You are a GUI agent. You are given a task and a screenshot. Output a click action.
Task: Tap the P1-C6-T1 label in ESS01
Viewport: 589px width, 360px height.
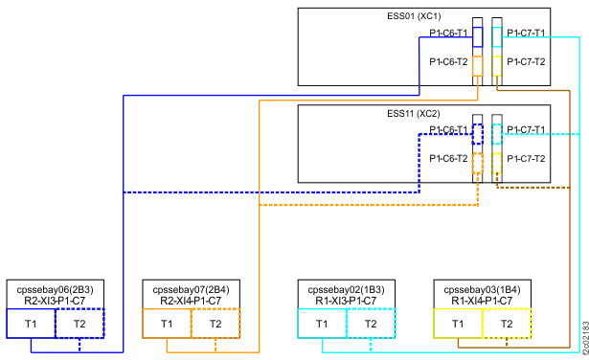[448, 34]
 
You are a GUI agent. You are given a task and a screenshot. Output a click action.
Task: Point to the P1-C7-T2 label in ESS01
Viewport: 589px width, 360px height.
[526, 61]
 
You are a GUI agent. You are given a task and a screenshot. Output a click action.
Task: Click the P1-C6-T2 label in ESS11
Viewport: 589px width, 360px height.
[448, 159]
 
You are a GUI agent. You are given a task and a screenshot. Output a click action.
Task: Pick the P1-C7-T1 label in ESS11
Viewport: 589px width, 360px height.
[526, 130]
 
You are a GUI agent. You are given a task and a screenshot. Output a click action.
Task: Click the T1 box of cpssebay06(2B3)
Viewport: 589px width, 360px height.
[32, 324]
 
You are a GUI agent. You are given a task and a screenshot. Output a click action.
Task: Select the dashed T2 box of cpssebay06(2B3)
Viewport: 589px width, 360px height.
[79, 324]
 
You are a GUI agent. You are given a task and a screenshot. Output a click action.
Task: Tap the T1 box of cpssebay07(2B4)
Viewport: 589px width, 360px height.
[167, 324]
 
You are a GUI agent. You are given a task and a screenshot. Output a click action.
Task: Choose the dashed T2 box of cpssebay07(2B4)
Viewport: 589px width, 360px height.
[215, 324]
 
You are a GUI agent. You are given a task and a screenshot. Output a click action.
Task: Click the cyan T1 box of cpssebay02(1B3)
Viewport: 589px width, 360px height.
[323, 324]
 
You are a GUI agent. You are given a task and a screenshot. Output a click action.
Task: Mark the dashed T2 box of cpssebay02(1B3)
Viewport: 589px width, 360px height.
[371, 324]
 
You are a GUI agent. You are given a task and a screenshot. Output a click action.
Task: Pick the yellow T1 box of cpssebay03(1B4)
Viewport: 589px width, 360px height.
[458, 324]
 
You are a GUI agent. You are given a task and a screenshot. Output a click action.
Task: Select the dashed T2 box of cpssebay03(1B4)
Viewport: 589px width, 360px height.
[507, 324]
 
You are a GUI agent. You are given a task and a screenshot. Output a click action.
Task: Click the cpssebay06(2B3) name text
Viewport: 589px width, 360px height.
[56, 288]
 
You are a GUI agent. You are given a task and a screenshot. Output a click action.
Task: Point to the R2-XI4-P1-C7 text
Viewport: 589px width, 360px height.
[191, 301]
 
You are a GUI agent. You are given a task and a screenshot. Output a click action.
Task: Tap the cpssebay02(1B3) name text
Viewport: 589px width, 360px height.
[347, 288]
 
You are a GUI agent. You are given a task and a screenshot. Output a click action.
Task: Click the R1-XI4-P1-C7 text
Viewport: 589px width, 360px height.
[482, 301]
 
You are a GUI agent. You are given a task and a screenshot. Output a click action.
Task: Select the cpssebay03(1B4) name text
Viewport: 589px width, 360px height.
[482, 288]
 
